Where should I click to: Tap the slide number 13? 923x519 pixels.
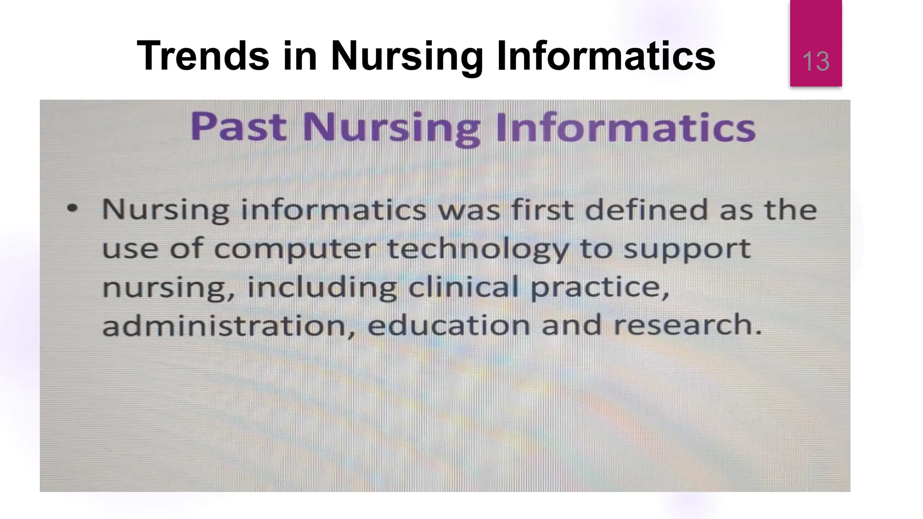(x=816, y=62)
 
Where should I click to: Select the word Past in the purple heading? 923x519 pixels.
(x=239, y=127)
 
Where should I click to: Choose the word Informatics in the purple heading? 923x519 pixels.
(x=626, y=127)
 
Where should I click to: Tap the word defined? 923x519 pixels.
(x=646, y=209)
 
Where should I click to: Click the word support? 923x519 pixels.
(x=686, y=249)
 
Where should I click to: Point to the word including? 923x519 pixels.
(x=322, y=287)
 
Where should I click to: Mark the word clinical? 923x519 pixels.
(x=463, y=287)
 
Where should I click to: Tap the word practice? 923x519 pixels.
(x=599, y=287)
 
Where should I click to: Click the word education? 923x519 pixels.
(x=448, y=325)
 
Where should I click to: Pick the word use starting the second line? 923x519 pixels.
(x=130, y=249)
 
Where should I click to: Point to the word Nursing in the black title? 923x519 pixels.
(x=406, y=56)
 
